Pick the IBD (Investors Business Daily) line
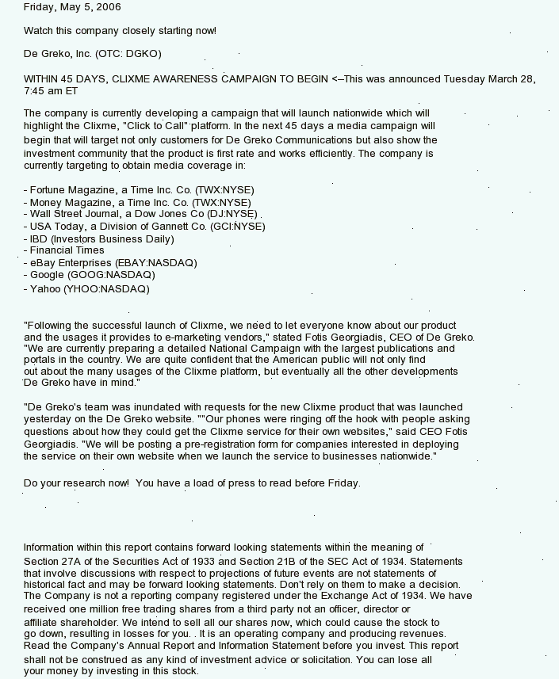click(x=98, y=238)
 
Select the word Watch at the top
click(x=38, y=31)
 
